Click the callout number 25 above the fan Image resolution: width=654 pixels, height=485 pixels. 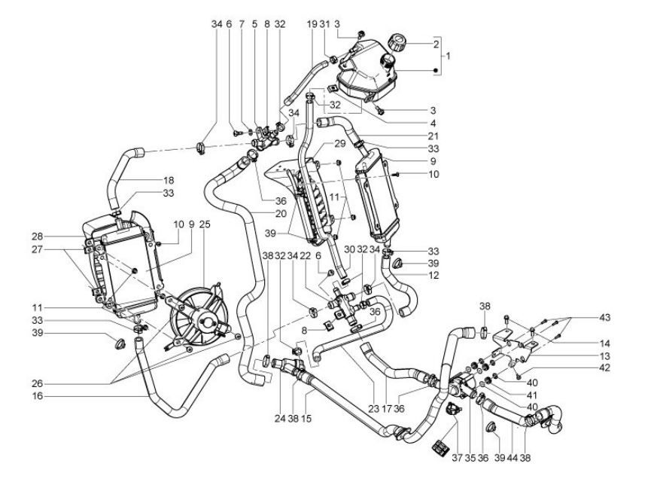coord(205,224)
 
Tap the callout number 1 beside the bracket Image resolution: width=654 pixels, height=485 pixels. coord(448,56)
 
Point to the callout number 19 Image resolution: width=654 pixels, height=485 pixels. coord(312,25)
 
